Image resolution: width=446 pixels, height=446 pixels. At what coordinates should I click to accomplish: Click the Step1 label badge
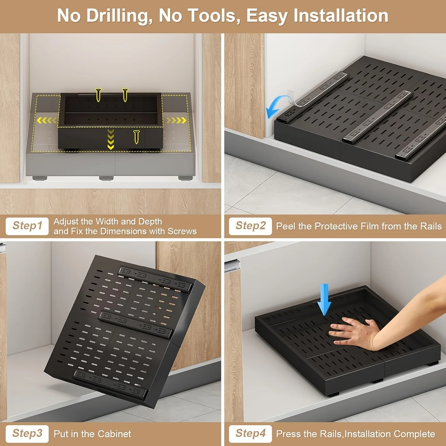tap(27, 226)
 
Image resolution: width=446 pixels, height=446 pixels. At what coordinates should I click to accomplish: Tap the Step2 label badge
tap(250, 226)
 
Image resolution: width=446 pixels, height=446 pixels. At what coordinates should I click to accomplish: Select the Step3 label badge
tap(27, 434)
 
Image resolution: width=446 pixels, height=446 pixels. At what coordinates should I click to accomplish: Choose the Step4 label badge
tap(250, 434)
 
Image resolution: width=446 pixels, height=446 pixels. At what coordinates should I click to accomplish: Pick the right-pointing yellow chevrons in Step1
tap(176, 120)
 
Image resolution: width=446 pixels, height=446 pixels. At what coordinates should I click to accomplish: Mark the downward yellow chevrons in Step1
tap(111, 139)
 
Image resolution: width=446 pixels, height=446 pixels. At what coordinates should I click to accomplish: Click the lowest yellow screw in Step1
tap(136, 137)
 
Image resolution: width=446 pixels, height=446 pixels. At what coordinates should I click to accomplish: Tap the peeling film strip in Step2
tap(293, 97)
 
